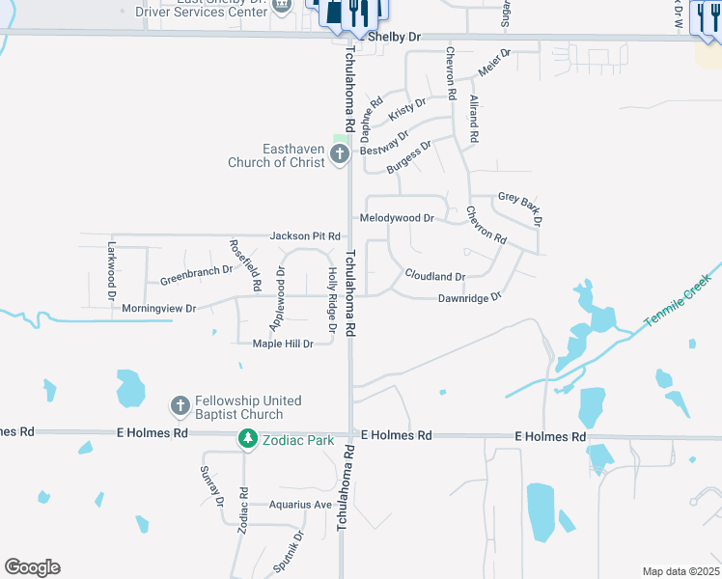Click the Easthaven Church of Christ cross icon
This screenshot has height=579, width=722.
(x=339, y=154)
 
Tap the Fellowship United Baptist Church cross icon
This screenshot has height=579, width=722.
(x=180, y=406)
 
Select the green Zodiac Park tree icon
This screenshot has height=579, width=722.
(x=248, y=440)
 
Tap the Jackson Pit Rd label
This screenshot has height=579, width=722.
(x=305, y=235)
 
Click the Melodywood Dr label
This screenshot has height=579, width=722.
(x=397, y=218)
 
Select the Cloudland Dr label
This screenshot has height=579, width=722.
(x=434, y=276)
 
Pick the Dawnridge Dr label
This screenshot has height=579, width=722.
(x=470, y=298)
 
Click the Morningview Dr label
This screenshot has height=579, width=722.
(x=159, y=308)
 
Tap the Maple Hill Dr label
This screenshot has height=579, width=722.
(x=283, y=344)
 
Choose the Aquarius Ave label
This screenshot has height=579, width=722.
(x=300, y=505)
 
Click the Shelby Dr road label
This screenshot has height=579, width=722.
(x=400, y=37)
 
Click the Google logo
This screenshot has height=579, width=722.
(x=32, y=567)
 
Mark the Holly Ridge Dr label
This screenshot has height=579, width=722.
(x=331, y=300)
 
